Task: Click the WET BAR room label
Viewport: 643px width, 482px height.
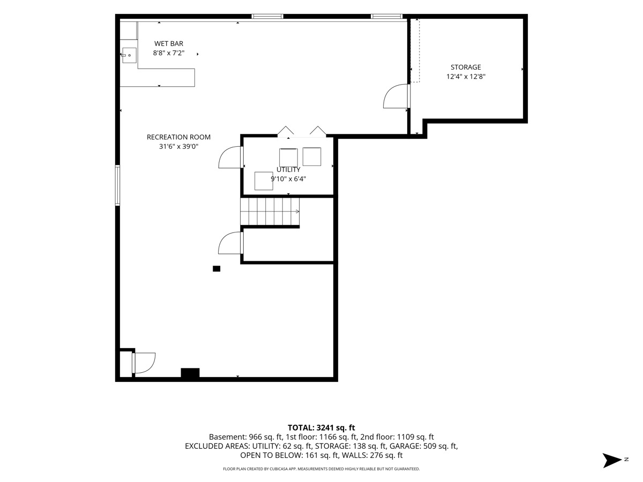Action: coord(169,43)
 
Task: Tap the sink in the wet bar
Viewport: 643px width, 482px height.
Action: coord(129,55)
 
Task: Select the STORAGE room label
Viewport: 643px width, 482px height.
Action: coord(466,67)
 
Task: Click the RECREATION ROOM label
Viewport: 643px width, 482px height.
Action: coord(178,137)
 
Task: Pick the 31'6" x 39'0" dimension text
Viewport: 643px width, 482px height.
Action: coord(178,146)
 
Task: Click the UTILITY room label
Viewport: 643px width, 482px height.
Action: coord(288,170)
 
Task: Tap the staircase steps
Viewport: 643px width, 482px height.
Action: coord(270,212)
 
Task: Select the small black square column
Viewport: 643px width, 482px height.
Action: coord(216,269)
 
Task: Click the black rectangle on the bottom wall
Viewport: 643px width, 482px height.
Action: coord(190,373)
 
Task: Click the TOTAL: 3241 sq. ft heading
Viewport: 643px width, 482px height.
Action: coord(321,428)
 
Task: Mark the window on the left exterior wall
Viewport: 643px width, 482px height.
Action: coord(117,185)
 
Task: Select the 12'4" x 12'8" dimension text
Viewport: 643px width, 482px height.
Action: coord(466,77)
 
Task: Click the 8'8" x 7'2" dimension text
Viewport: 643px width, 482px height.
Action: coord(169,53)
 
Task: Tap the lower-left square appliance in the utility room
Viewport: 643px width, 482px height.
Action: coord(264,181)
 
